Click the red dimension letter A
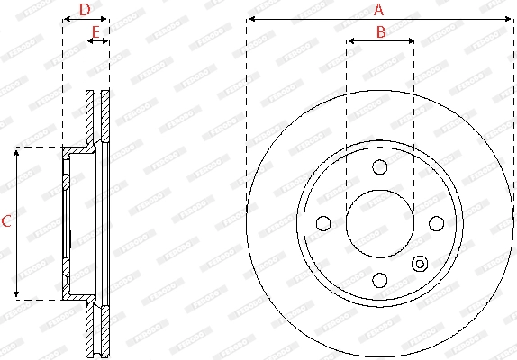[379, 10]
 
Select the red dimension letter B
[380, 32]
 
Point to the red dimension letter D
[85, 10]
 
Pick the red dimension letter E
[96, 32]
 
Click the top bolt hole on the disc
[379, 166]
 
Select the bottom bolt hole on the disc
[379, 279]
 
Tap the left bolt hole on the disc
[322, 223]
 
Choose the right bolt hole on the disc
[436, 223]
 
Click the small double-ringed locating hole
[420, 264]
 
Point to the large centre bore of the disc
[379, 223]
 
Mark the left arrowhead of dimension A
[249, 18]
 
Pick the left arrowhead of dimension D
[65, 18]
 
